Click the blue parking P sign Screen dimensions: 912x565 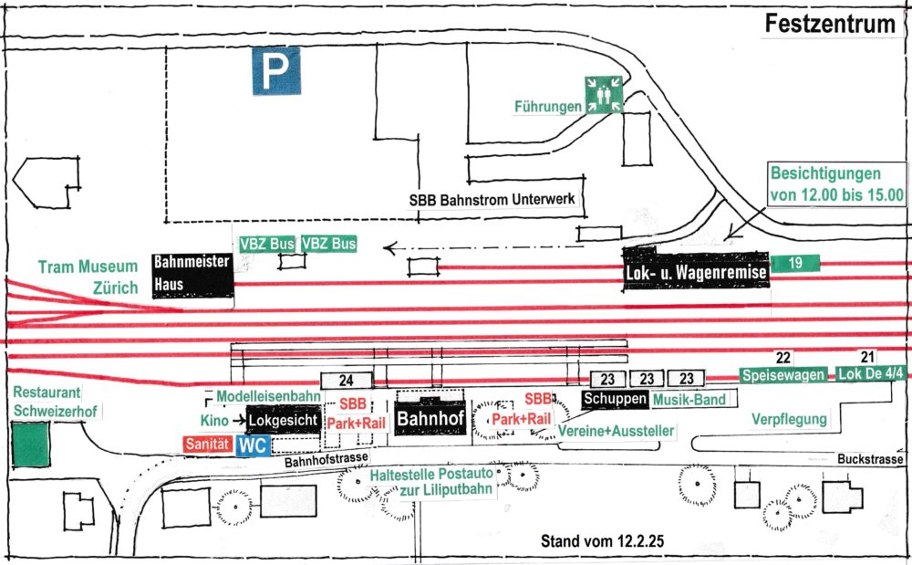[276, 71]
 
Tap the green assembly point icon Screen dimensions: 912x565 [604, 94]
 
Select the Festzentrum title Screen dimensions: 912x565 [830, 24]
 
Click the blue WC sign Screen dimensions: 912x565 [253, 446]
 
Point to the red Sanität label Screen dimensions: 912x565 [208, 444]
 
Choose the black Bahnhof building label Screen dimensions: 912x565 [430, 418]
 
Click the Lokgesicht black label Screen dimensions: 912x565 [284, 420]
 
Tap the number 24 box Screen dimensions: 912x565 [346, 381]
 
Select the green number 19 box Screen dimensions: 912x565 [794, 264]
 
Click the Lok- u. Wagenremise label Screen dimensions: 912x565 [696, 271]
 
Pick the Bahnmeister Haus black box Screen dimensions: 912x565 [193, 276]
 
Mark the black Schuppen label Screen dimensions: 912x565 [615, 399]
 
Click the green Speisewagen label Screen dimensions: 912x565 [783, 375]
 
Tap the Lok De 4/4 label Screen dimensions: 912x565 [871, 373]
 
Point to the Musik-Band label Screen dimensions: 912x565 [689, 400]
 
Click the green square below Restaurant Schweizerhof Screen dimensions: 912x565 [30, 445]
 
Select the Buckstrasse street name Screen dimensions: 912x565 [870, 459]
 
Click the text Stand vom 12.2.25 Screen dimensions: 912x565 [602, 541]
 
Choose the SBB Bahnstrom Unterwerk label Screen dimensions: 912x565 [492, 200]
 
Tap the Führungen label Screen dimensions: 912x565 [548, 107]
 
